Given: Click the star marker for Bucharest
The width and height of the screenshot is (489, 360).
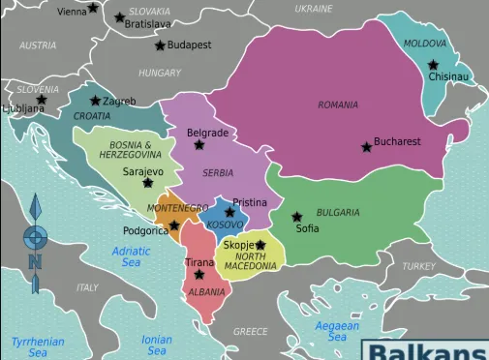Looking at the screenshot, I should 366,147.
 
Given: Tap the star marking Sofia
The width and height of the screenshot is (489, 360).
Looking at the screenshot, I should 297,217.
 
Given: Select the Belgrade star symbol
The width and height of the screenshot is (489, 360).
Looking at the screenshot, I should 199,145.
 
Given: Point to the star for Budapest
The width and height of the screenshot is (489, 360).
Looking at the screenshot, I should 160,45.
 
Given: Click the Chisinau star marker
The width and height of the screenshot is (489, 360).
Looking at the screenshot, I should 434,65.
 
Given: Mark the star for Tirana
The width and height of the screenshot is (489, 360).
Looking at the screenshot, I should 199,275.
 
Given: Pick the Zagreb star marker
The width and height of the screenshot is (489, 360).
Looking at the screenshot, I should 95,101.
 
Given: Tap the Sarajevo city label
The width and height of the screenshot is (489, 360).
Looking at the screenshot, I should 142,171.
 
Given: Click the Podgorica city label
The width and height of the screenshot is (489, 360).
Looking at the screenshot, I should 145,230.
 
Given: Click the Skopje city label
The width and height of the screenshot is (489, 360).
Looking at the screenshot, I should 238,245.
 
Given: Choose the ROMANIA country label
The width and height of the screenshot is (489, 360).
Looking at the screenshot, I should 338,105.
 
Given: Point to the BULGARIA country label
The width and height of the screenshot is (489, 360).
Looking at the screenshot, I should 338,212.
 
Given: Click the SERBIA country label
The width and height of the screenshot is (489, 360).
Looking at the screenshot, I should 218,173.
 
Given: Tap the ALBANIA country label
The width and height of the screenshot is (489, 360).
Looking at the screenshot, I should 207,291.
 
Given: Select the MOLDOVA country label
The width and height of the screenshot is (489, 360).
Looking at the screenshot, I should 425,44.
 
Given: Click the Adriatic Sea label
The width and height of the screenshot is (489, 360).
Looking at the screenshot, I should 131,256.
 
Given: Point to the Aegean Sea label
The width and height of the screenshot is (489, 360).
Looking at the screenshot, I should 337,332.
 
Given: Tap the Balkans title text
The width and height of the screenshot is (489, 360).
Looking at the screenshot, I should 427,350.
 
